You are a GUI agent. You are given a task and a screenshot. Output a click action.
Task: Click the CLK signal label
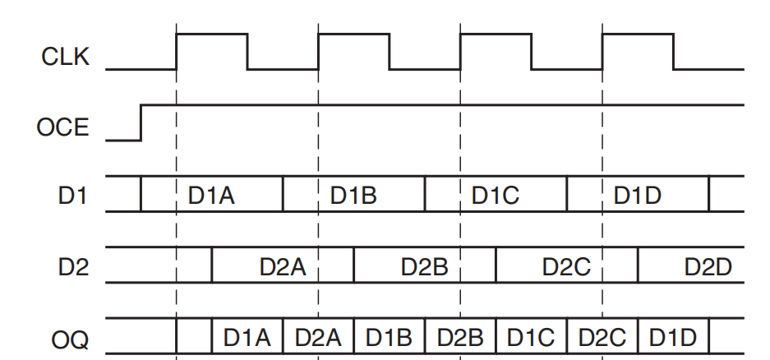tap(66, 58)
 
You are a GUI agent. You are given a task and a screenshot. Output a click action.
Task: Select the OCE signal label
tap(62, 128)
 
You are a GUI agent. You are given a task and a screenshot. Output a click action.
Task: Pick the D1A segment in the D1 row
tap(212, 195)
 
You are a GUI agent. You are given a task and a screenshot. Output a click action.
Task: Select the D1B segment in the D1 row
tap(353, 195)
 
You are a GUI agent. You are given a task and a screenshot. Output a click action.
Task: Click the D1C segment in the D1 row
tap(496, 195)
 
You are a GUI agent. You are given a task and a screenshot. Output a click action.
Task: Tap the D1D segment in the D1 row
tap(639, 195)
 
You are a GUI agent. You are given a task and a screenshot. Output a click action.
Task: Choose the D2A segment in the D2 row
tap(283, 266)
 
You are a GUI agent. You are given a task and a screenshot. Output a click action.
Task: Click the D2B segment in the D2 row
tap(424, 266)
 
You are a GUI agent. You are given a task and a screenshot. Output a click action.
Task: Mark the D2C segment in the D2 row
tap(566, 266)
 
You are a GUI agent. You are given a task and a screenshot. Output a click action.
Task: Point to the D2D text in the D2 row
tap(708, 266)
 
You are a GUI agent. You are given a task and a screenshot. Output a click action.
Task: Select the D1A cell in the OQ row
tap(247, 337)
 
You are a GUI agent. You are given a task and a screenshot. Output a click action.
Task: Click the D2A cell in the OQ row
tap(318, 337)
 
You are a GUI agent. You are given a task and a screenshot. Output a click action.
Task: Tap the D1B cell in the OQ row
tap(390, 337)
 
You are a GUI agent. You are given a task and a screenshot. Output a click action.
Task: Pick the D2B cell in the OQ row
tap(460, 337)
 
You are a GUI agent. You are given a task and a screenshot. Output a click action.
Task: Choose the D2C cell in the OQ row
tap(602, 337)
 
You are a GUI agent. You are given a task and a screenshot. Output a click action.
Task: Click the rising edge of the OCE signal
tap(141, 122)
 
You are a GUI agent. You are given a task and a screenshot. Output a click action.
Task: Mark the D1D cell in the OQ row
tap(673, 337)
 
